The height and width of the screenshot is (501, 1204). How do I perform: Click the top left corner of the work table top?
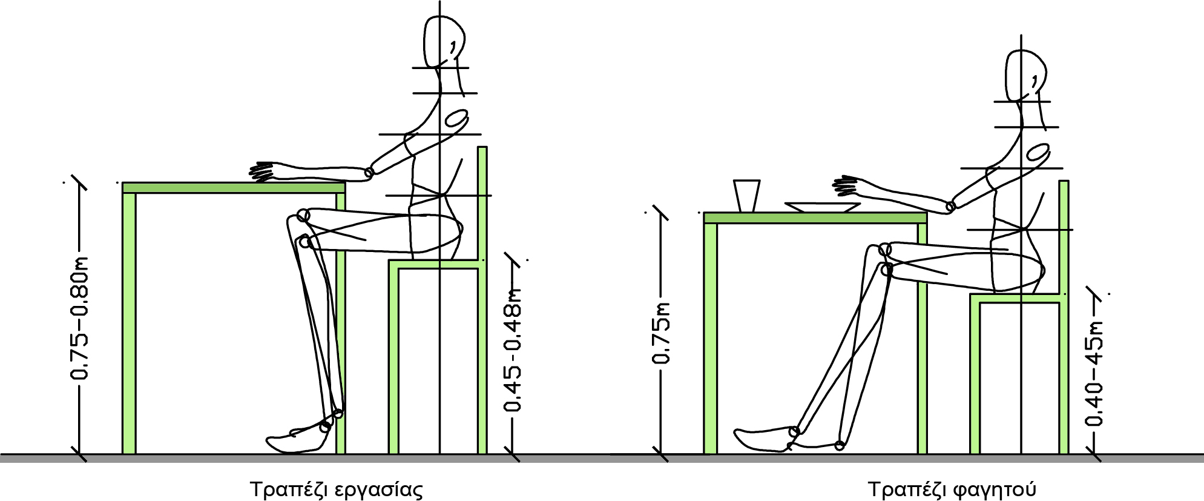coord(123,182)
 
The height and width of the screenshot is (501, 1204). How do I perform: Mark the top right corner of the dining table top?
coord(927,213)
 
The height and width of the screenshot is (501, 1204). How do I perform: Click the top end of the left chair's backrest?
coord(482,147)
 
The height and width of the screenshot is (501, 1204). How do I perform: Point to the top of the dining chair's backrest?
coord(1064,181)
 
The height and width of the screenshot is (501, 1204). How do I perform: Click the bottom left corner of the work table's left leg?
coord(123,453)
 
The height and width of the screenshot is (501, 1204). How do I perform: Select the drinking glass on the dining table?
coord(746,196)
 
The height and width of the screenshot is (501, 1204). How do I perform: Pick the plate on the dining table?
coord(822,207)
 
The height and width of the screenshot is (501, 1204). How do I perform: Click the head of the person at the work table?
coord(444,42)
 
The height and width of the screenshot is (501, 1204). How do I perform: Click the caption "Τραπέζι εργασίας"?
coord(336,489)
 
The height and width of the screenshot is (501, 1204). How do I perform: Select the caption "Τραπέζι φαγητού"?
coord(952,489)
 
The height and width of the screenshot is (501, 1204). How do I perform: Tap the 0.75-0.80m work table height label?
coord(79,319)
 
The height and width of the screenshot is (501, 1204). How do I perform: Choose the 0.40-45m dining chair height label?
coord(1094,373)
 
